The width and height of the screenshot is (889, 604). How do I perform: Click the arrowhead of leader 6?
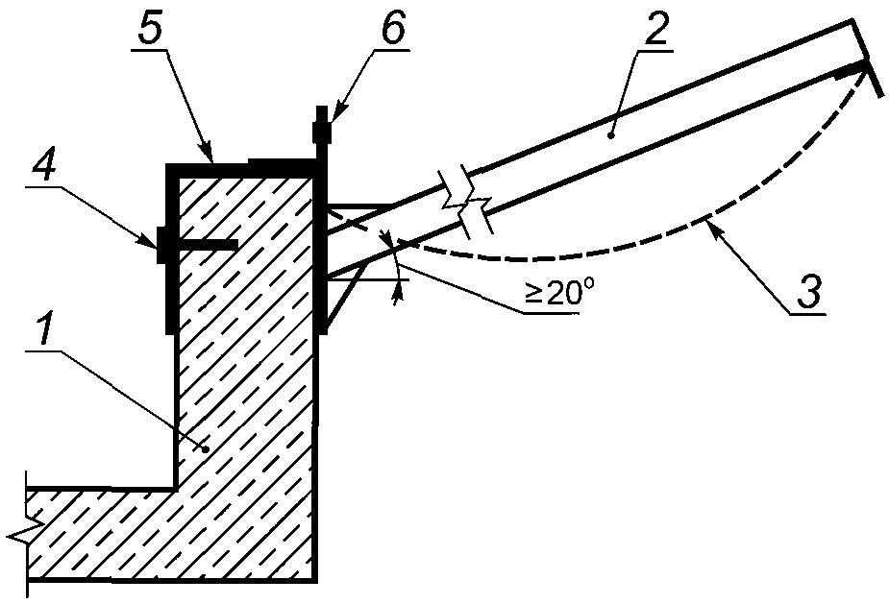click(x=333, y=116)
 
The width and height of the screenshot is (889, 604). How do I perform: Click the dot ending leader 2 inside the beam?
click(x=609, y=135)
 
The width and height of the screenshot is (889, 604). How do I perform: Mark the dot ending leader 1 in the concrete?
click(x=206, y=448)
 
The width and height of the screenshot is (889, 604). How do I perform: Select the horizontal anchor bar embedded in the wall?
click(x=208, y=245)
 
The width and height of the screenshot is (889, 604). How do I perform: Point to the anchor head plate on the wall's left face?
click(x=161, y=245)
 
